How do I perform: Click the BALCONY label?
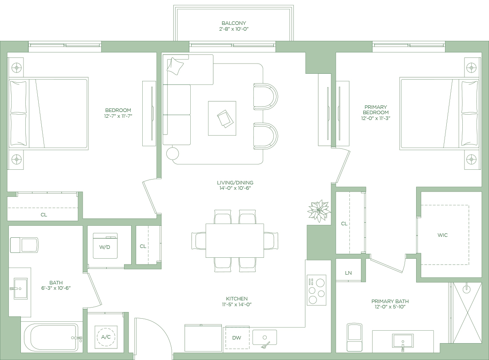[x=233, y=23]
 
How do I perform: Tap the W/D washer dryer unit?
[x=105, y=246]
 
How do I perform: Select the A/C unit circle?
[x=106, y=336]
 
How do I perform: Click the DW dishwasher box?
[x=237, y=338]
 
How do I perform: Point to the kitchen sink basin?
[x=265, y=338]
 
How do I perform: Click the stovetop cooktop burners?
[x=317, y=290]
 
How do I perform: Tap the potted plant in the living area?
[x=319, y=211]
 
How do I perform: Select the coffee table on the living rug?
[x=222, y=118]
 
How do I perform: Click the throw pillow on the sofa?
[x=175, y=66]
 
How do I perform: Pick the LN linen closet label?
[x=349, y=273]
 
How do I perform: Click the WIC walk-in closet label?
[x=442, y=235]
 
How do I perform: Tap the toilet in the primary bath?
[x=354, y=337]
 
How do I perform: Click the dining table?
[x=235, y=240]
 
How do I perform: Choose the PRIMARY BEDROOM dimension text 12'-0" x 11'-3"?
[x=376, y=118]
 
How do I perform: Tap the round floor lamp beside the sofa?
[x=172, y=153]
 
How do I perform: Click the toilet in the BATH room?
[x=24, y=245]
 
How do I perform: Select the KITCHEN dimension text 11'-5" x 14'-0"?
[x=236, y=304]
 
